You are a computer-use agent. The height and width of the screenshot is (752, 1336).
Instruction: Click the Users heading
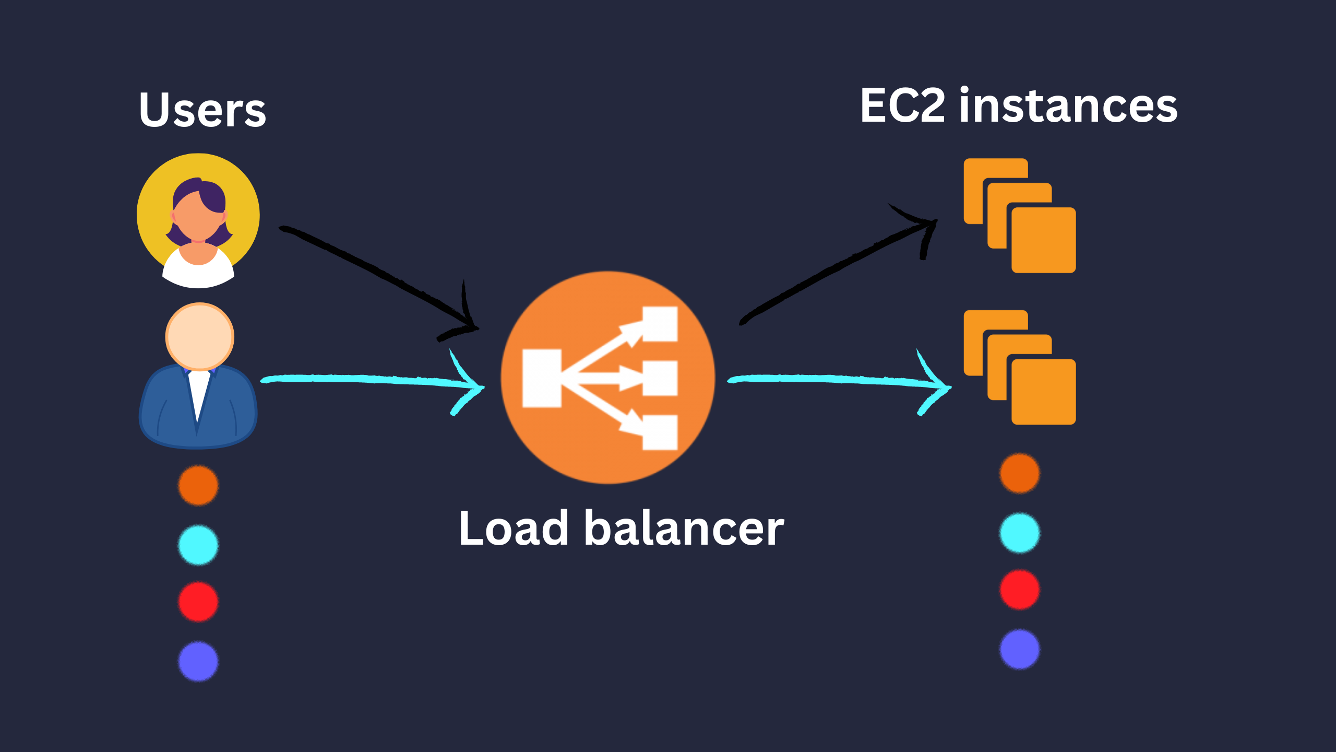tap(202, 110)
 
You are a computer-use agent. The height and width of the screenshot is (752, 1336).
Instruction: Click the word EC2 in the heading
tap(902, 106)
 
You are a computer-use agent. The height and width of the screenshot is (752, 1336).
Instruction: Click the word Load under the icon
tap(514, 528)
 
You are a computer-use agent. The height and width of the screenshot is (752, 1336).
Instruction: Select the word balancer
tap(684, 528)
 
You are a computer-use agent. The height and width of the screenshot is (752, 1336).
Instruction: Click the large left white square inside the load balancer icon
tap(542, 379)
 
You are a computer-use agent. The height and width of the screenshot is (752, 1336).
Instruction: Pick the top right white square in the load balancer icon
tap(660, 324)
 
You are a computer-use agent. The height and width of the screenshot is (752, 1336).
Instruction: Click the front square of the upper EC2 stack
tap(1044, 240)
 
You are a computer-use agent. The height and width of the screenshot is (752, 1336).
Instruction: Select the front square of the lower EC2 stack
tap(1044, 392)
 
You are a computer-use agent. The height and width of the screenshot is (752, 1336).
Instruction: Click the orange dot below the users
tap(198, 486)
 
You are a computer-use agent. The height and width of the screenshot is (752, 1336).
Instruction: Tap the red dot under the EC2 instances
tap(1019, 590)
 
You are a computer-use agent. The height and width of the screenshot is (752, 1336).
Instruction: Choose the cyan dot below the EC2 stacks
tap(1019, 533)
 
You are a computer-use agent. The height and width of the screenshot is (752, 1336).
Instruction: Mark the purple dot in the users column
tap(198, 661)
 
